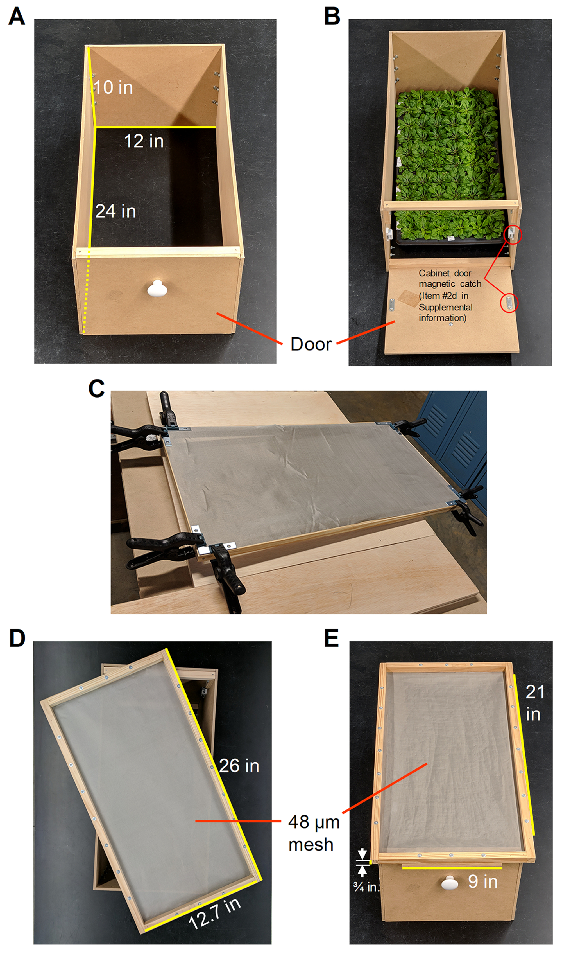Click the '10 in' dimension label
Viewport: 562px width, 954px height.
click(x=113, y=87)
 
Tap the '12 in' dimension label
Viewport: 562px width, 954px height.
click(x=144, y=141)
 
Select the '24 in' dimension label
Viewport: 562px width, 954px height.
click(x=115, y=211)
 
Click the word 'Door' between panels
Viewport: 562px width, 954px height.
click(x=311, y=344)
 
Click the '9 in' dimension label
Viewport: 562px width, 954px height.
click(x=483, y=882)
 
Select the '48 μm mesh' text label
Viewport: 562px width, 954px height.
click(x=314, y=833)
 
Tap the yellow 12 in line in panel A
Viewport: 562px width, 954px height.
click(x=156, y=127)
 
